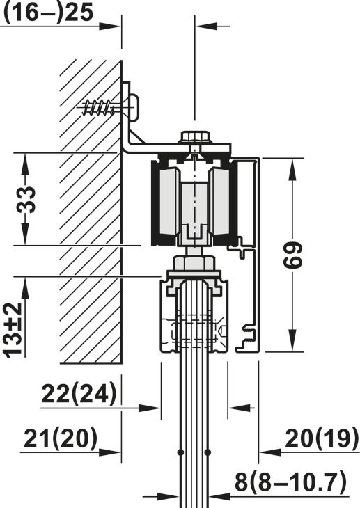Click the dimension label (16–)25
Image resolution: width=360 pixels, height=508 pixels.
[x=47, y=13]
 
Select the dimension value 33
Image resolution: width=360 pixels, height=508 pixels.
[x=26, y=200]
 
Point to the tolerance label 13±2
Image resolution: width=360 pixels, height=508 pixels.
[x=13, y=329]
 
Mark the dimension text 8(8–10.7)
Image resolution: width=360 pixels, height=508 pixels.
[x=290, y=482]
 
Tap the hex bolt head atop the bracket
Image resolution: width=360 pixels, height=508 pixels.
[x=196, y=136]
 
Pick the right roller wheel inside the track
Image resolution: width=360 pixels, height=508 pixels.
[x=221, y=203]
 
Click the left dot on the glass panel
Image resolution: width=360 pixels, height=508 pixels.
[x=180, y=453]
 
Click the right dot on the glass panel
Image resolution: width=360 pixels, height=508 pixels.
[x=208, y=453]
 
